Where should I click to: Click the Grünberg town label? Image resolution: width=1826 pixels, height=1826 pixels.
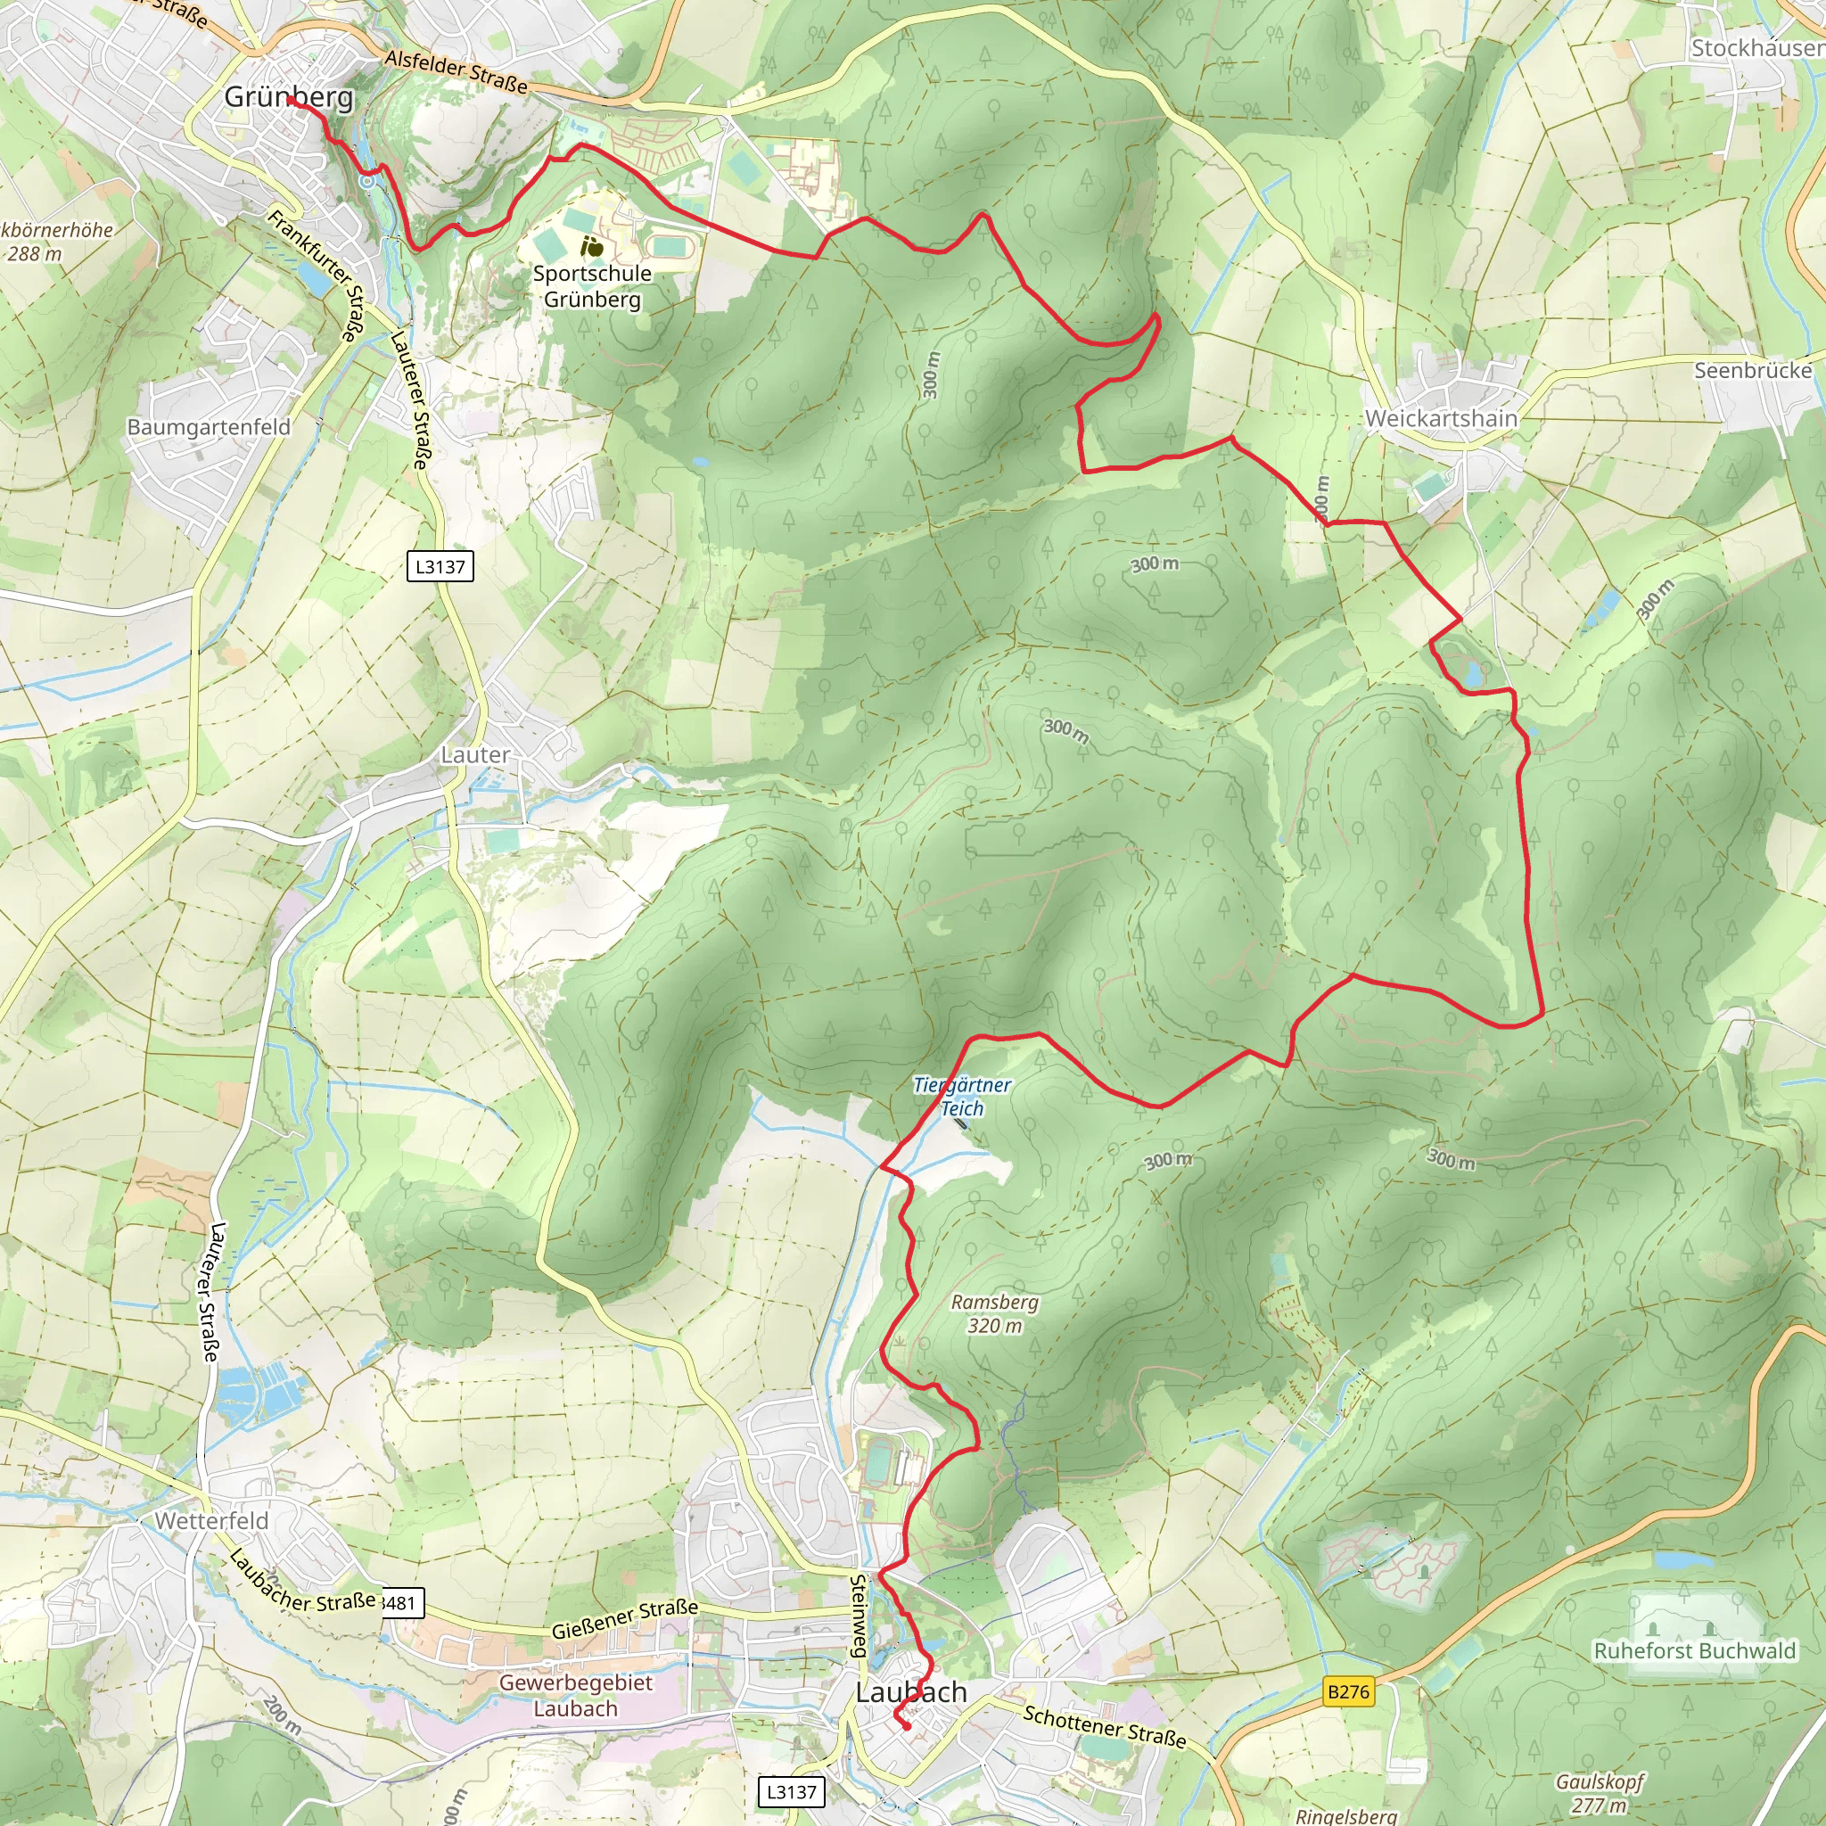click(288, 96)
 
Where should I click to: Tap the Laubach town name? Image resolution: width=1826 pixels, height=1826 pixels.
click(911, 1691)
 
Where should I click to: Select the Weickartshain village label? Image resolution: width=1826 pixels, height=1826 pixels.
click(1441, 418)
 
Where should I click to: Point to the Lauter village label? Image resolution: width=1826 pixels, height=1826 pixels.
click(475, 754)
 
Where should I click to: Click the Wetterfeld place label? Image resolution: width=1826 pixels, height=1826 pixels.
click(211, 1521)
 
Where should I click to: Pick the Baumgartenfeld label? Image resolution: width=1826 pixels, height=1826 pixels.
click(209, 426)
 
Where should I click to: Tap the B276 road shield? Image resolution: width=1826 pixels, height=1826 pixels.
click(1348, 1691)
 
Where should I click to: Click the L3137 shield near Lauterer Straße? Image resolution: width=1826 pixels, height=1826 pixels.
click(440, 566)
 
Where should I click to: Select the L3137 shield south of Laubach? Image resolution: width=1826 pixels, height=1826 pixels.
click(791, 1791)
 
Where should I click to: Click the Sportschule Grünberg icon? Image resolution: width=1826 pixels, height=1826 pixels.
click(593, 247)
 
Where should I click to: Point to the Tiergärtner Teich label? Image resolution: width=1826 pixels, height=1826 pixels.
click(962, 1097)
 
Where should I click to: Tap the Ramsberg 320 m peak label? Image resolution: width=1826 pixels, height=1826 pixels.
click(994, 1312)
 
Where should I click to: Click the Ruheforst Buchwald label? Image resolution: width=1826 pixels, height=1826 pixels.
click(1695, 1650)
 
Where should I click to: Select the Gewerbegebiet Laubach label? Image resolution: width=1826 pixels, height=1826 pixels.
click(576, 1696)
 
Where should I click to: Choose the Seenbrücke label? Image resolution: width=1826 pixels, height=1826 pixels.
click(1752, 369)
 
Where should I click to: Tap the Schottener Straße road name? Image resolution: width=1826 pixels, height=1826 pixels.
click(1104, 1726)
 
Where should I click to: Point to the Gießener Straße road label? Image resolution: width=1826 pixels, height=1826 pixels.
click(625, 1617)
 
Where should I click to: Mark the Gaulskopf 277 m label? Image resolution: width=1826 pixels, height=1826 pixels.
click(1600, 1793)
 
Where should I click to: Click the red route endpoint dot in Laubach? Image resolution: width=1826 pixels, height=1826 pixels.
click(907, 1727)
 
